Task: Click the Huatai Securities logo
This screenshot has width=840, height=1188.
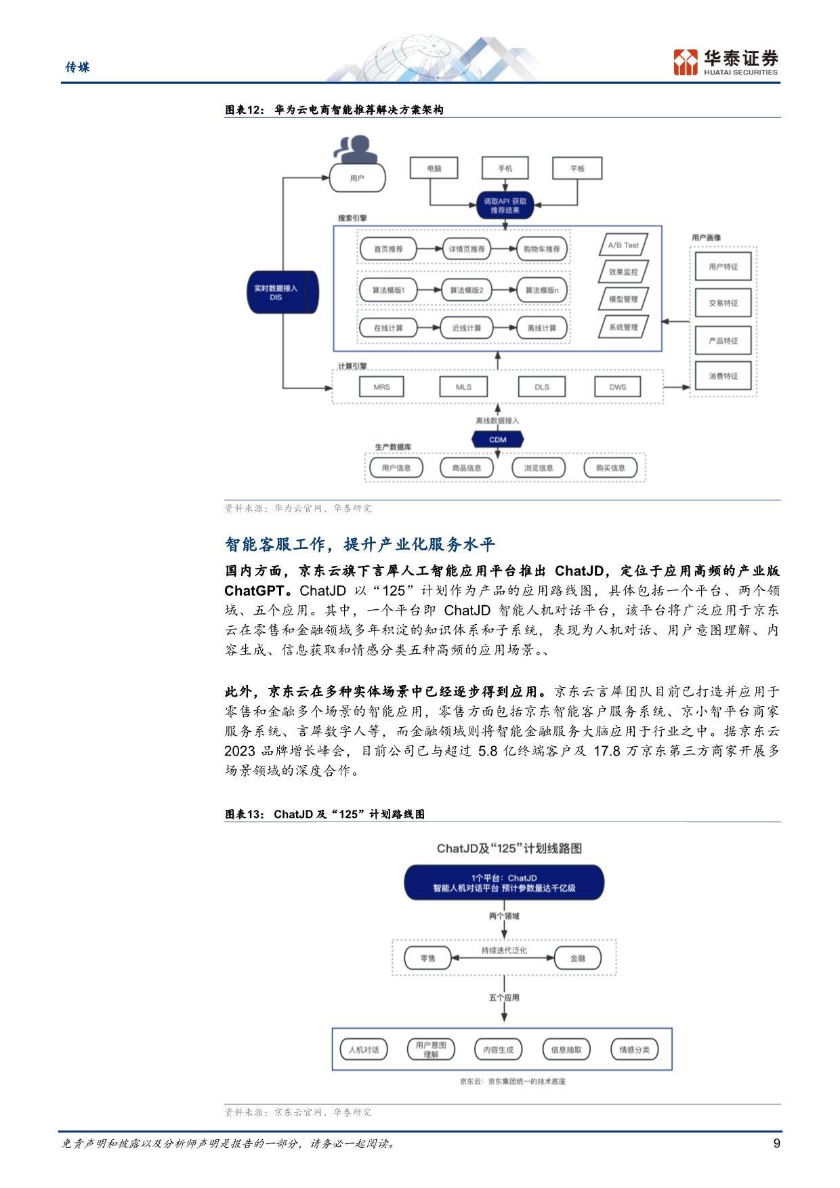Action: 726,62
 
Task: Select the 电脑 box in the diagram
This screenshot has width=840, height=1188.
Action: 434,168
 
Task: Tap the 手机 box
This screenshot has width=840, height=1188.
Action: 505,168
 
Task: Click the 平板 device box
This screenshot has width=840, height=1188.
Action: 577,168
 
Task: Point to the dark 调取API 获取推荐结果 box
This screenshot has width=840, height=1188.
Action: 505,205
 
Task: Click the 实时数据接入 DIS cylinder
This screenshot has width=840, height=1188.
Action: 282,292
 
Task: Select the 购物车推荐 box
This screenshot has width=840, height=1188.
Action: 542,249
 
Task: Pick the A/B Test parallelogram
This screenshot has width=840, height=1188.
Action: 623,245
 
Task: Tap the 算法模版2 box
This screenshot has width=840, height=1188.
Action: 466,290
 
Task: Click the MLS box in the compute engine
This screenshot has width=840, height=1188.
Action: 463,387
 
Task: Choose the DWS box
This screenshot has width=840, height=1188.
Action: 618,387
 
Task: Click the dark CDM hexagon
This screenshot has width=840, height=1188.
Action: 498,439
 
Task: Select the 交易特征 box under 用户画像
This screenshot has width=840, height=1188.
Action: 723,303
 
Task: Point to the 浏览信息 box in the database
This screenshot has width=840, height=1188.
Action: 539,468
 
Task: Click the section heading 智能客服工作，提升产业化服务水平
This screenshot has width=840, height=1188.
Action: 360,544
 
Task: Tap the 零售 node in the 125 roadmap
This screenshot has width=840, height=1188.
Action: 428,958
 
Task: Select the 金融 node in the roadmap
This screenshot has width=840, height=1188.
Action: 578,958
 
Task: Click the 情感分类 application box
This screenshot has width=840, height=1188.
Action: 634,1050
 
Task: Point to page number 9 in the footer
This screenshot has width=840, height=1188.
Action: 776,1144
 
